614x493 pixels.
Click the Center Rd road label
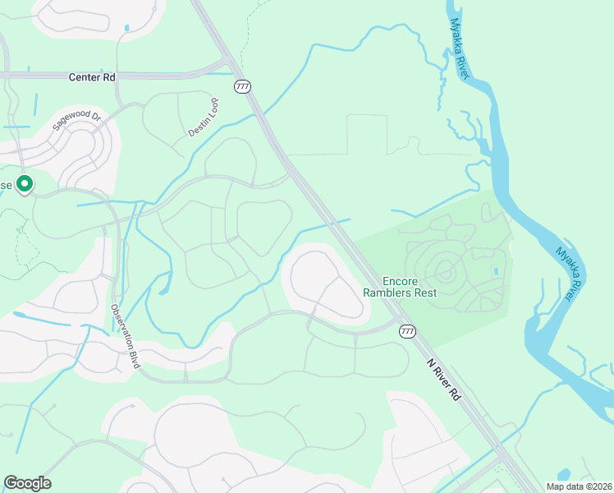click(x=91, y=77)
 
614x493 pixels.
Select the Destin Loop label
click(x=204, y=117)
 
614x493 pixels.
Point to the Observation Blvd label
click(x=126, y=336)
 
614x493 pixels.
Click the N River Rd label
click(x=444, y=379)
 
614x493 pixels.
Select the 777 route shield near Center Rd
click(x=242, y=86)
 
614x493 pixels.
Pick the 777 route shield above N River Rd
click(x=406, y=330)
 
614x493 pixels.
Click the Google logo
click(x=27, y=483)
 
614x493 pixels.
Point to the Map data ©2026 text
click(x=578, y=486)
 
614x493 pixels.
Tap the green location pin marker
click(x=25, y=184)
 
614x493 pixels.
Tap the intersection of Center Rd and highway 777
click(x=229, y=66)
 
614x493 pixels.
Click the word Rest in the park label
click(x=424, y=293)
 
